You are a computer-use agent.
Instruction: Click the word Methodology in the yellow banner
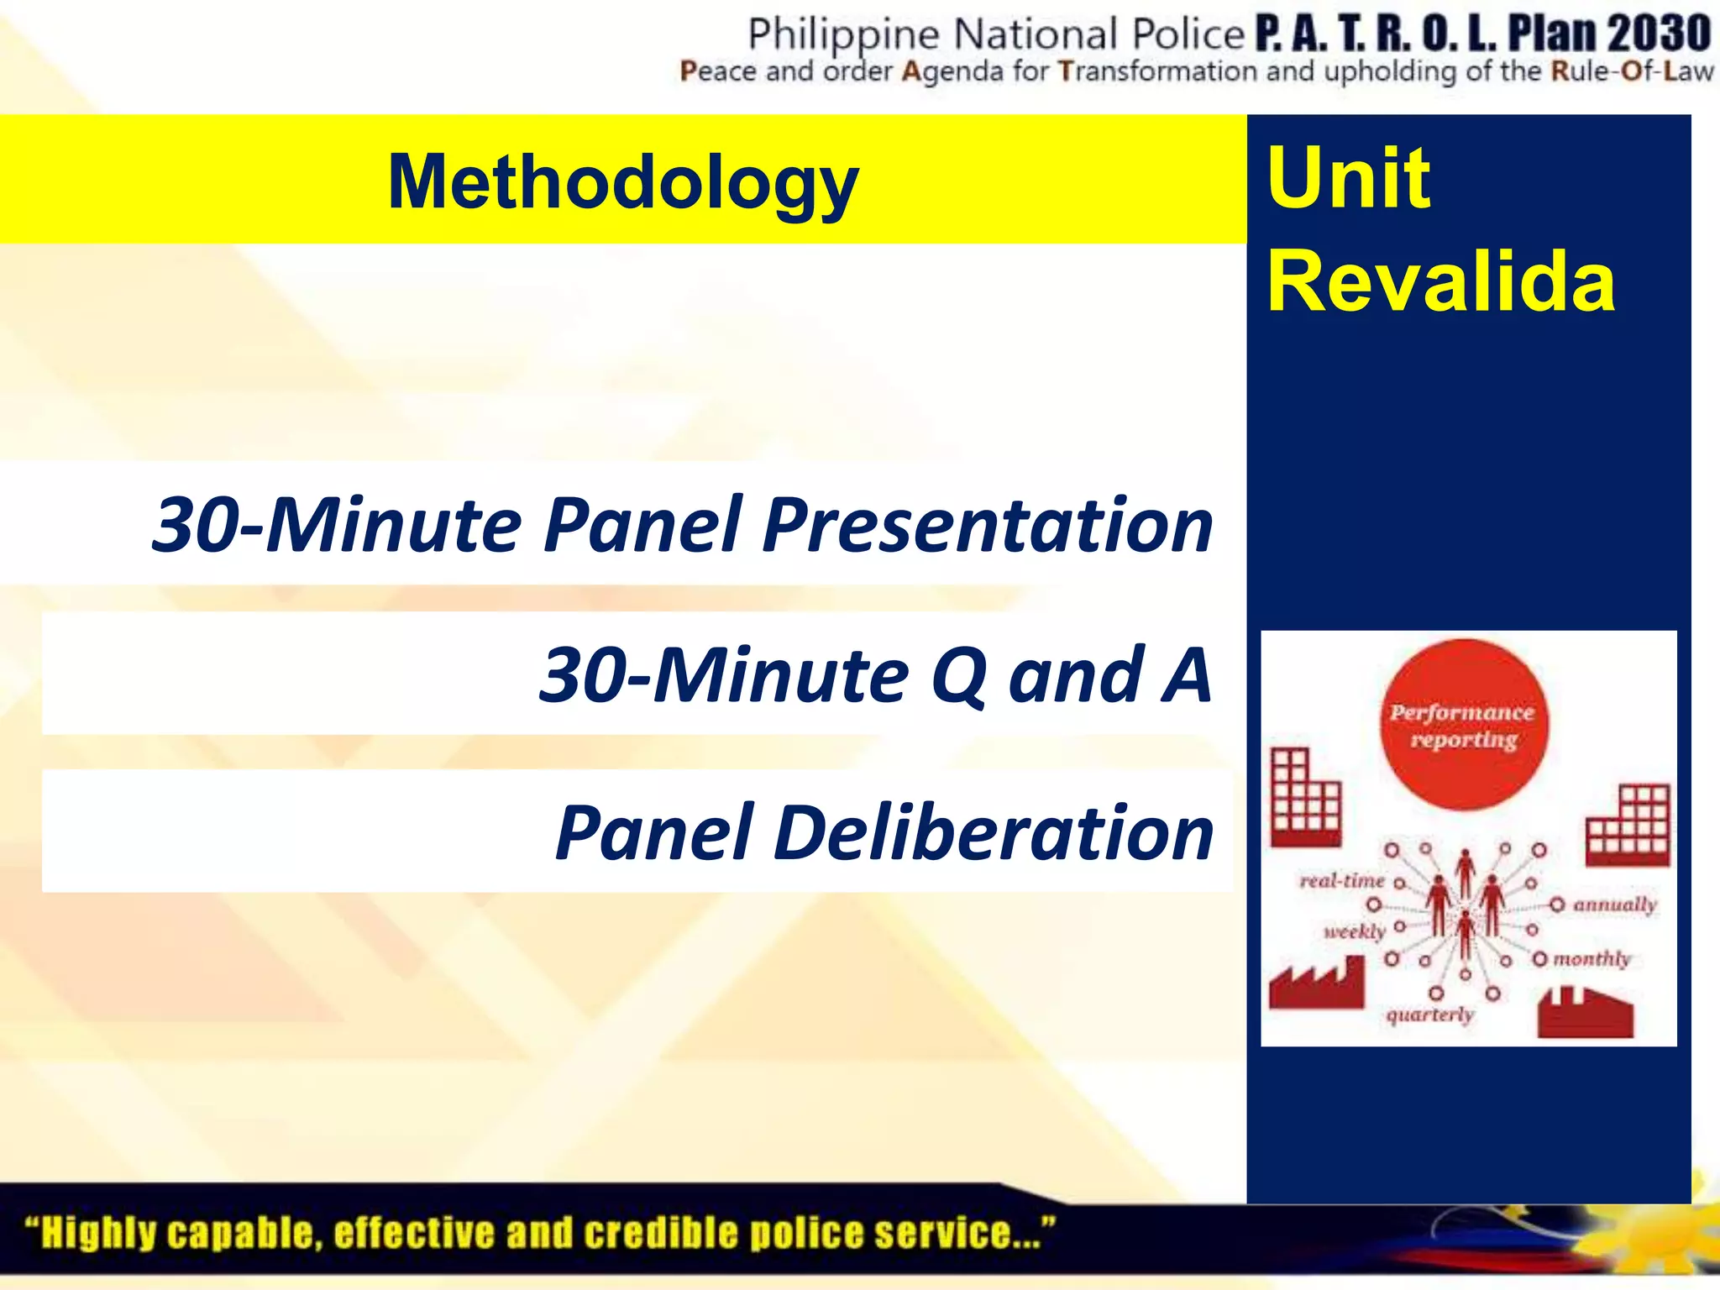coord(623,182)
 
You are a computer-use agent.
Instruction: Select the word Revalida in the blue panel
coord(1440,281)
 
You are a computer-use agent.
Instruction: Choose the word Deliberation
coord(993,833)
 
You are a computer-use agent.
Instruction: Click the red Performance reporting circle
coord(1463,725)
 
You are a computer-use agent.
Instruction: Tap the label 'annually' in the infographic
coord(1614,905)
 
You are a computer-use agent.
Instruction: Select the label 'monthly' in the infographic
coord(1592,958)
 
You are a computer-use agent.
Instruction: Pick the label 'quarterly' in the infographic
coord(1429,1015)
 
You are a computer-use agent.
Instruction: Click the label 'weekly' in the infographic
coord(1354,931)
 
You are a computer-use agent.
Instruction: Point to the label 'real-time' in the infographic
coord(1341,881)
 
